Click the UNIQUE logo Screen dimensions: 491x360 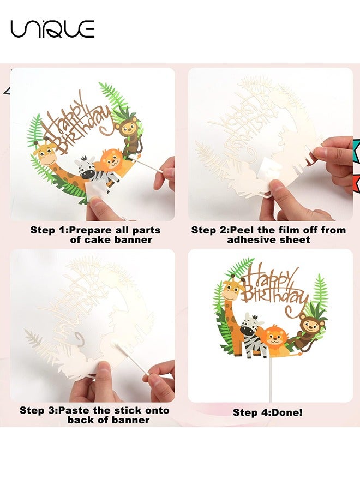pos(52,28)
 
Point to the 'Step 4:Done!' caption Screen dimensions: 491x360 pos(268,412)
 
